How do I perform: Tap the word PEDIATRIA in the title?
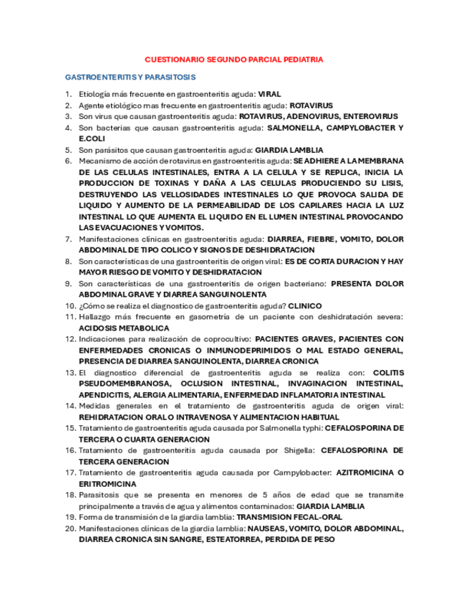pos(301,60)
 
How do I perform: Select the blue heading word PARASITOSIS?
pos(170,77)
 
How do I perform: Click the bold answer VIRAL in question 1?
pos(269,94)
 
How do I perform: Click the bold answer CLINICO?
pos(304,305)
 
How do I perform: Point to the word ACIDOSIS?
pos(98,328)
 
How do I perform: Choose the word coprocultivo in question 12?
pos(223,338)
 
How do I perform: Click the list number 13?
pos(69,372)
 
